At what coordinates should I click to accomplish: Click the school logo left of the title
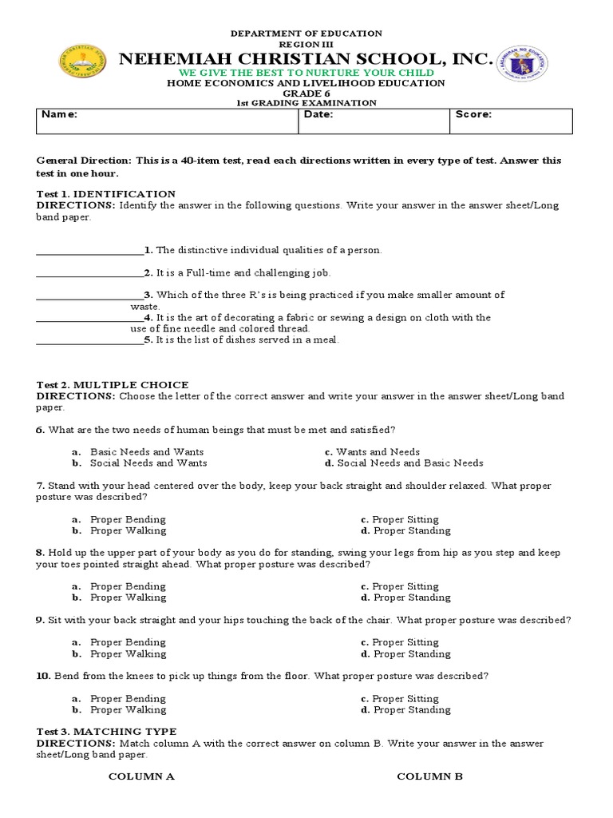pyautogui.click(x=83, y=63)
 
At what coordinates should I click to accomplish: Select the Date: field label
pyautogui.click(x=318, y=114)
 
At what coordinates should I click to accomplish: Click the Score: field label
pyautogui.click(x=473, y=114)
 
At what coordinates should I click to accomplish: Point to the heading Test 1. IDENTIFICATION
pyautogui.click(x=106, y=194)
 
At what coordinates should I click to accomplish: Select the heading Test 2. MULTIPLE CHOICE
pyautogui.click(x=113, y=385)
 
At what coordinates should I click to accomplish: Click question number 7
pyautogui.click(x=40, y=486)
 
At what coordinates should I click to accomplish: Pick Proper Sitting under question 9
pyautogui.click(x=405, y=642)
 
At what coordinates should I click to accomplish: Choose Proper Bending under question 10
pyautogui.click(x=128, y=698)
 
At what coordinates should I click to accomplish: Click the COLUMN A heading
pyautogui.click(x=141, y=776)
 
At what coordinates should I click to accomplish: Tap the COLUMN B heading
pyautogui.click(x=429, y=776)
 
